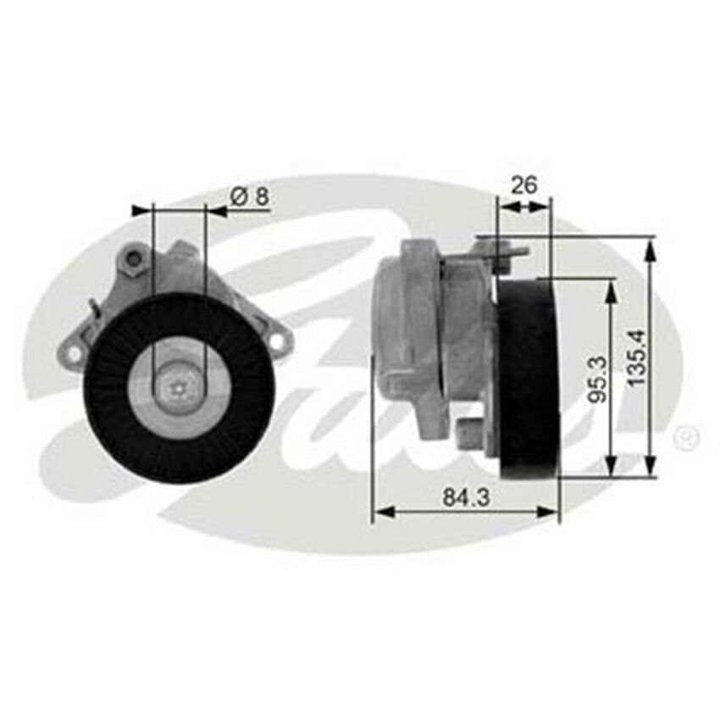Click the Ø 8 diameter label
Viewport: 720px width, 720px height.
[249, 197]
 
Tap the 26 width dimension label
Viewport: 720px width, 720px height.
[524, 185]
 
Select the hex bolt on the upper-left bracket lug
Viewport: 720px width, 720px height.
[133, 261]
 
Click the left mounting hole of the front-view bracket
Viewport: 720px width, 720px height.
[75, 352]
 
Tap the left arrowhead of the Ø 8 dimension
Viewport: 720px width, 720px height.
[141, 208]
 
